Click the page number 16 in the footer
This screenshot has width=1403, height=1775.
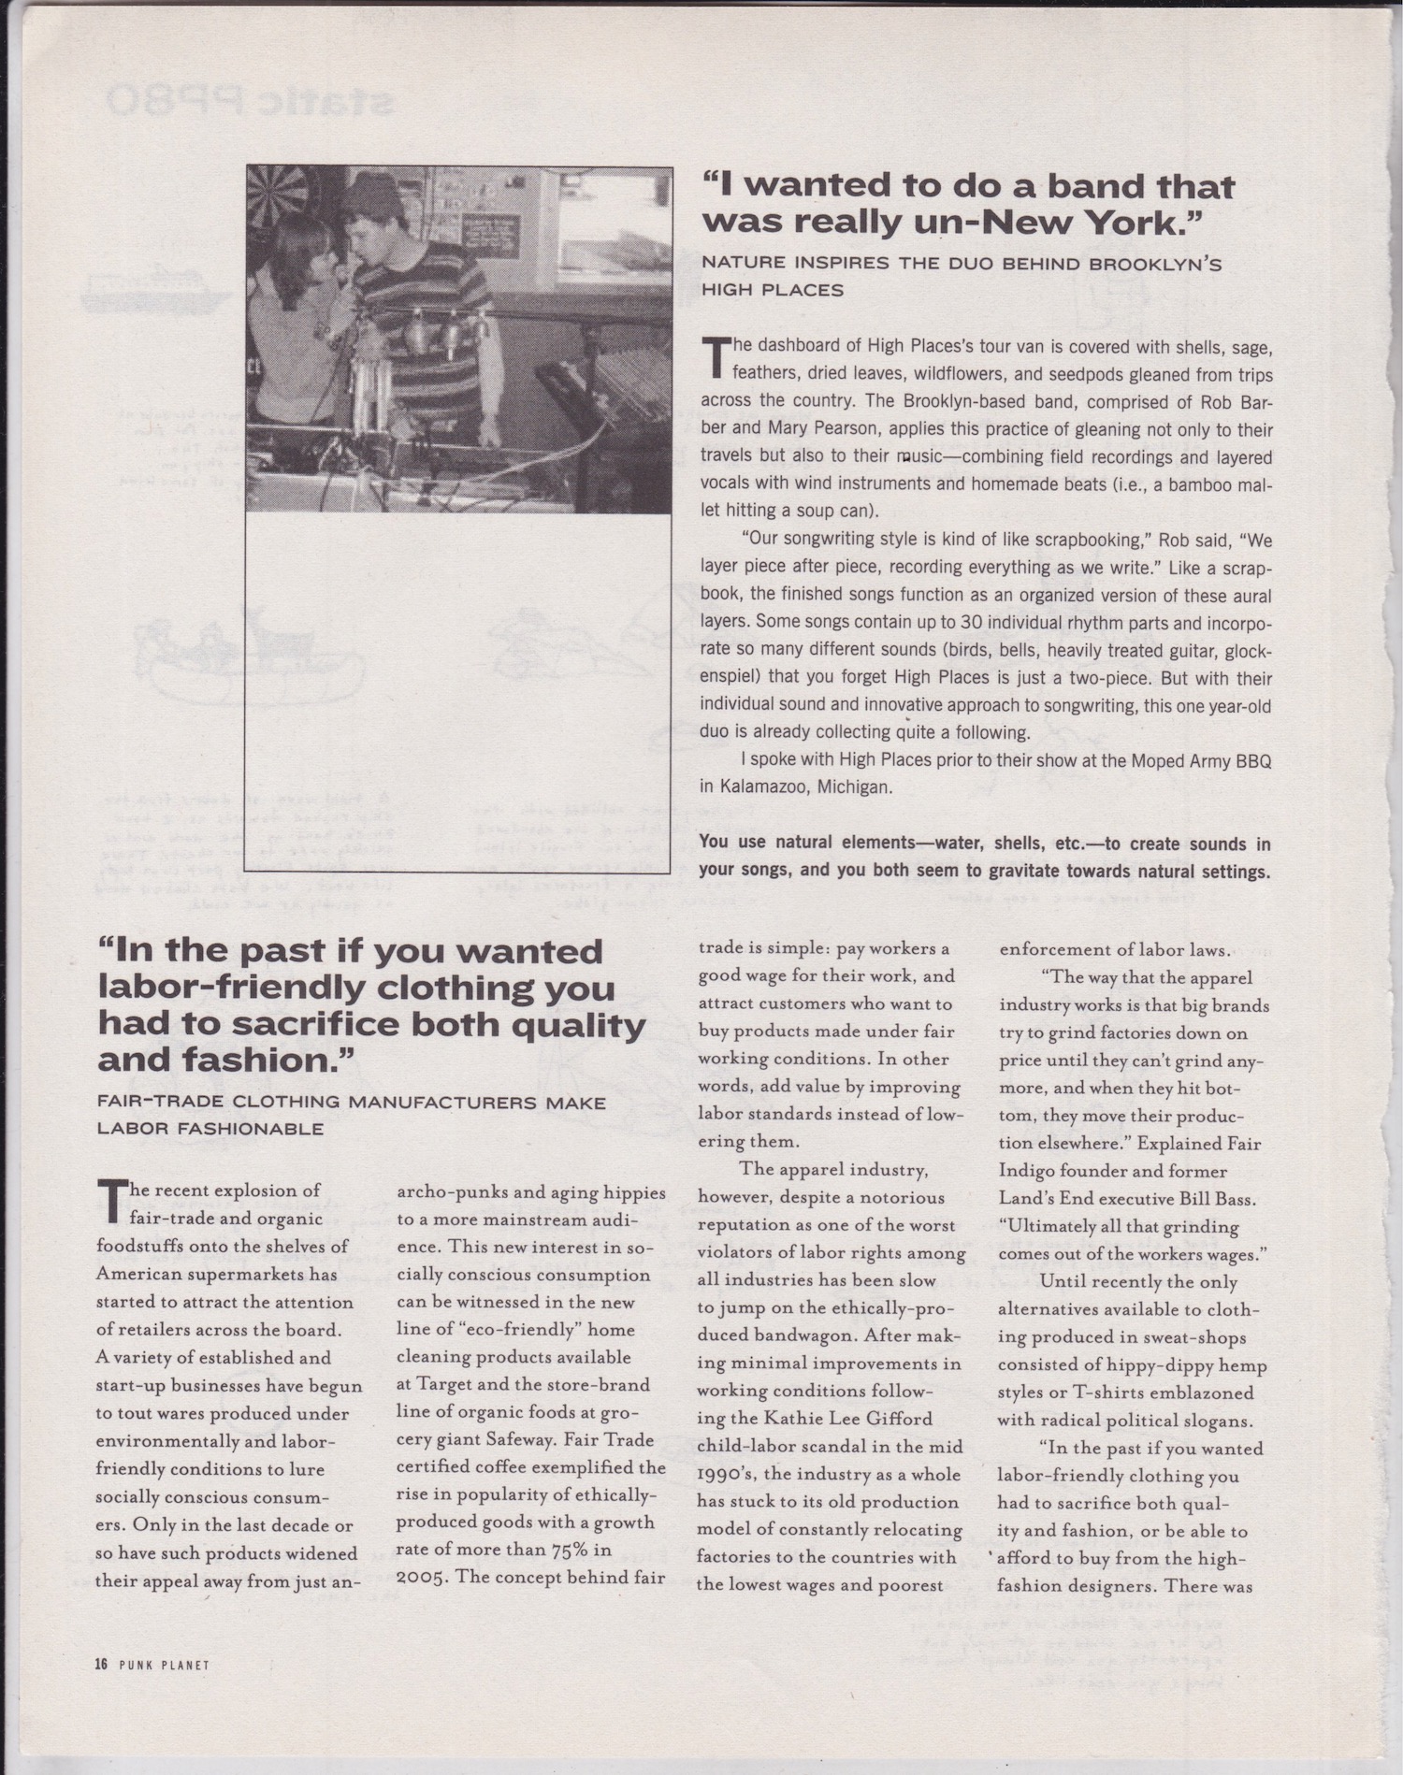pyautogui.click(x=102, y=1664)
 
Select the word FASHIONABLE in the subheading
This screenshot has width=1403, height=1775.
pyautogui.click(x=210, y=1129)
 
